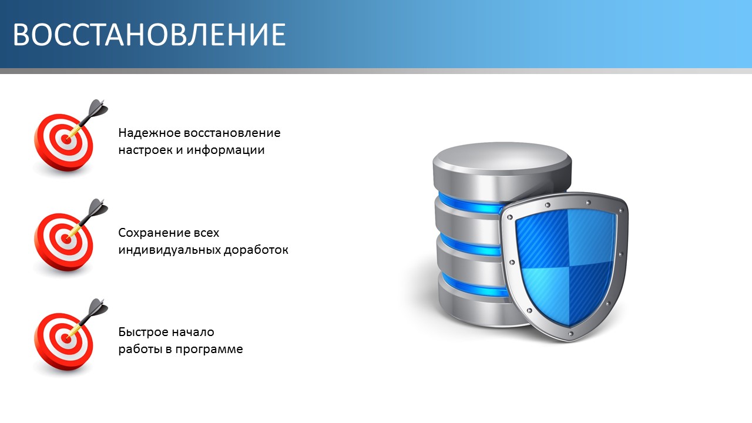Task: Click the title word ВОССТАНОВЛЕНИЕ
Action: click(x=149, y=35)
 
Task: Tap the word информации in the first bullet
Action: click(x=226, y=150)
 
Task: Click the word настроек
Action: click(x=145, y=150)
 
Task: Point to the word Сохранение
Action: click(x=151, y=233)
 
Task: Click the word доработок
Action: click(x=256, y=250)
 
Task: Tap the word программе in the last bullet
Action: click(x=209, y=350)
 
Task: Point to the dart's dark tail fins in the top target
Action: click(x=98, y=108)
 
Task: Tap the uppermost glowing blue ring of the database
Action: click(x=470, y=203)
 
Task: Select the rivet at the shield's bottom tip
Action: click(x=570, y=334)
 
